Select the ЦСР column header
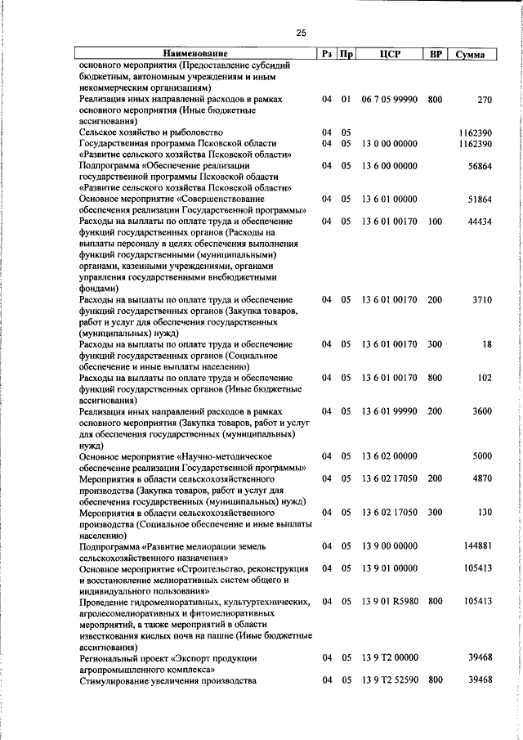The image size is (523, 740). pyautogui.click(x=389, y=54)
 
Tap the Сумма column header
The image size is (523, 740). pyautogui.click(x=472, y=54)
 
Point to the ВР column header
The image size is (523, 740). pyautogui.click(x=436, y=54)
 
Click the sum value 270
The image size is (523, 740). pyautogui.click(x=484, y=100)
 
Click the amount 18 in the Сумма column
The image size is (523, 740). pyautogui.click(x=487, y=345)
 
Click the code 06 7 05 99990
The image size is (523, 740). pyautogui.click(x=389, y=100)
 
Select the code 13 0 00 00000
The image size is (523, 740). pyautogui.click(x=389, y=143)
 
